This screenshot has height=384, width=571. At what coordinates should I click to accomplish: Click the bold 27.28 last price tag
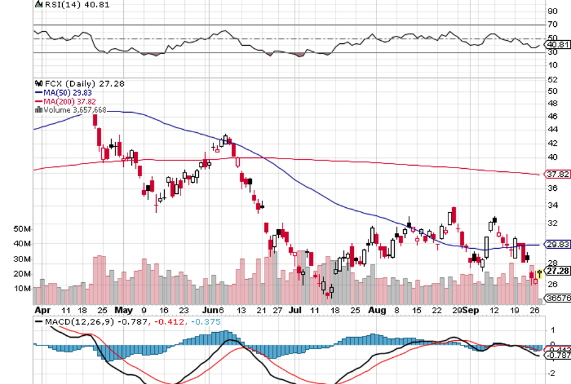click(558, 270)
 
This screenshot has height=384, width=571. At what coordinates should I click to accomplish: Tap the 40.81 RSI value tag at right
click(558, 44)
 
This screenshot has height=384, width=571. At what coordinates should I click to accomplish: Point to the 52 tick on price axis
click(553, 80)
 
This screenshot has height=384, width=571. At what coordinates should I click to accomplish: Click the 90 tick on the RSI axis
click(553, 12)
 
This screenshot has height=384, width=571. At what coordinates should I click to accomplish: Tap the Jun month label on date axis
click(210, 309)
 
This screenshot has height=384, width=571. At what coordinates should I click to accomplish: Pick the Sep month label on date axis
click(470, 309)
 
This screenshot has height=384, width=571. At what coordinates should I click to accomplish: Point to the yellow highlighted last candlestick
click(539, 276)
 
